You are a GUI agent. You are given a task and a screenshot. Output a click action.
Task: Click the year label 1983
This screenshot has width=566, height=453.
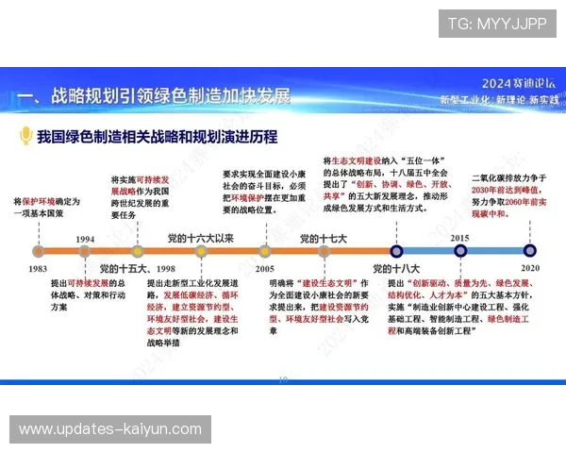point(38,269)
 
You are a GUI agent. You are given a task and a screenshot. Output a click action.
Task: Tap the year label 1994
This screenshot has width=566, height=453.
point(85,238)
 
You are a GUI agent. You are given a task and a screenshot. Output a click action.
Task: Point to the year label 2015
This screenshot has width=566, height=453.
point(460,238)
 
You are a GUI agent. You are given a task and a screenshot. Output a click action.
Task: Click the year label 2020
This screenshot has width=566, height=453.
point(531,268)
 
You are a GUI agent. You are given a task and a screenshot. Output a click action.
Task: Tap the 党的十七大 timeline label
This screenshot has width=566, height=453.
point(324,238)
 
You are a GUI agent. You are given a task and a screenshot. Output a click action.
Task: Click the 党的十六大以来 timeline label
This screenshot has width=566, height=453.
point(200,238)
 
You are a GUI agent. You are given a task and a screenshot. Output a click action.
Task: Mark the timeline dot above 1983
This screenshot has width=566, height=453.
point(38,252)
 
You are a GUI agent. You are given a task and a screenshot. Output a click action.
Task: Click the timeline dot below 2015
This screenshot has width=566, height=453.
point(460,252)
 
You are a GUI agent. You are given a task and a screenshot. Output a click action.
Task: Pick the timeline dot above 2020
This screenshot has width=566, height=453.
point(531,252)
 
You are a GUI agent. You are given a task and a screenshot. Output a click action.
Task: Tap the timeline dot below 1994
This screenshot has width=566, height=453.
point(85,252)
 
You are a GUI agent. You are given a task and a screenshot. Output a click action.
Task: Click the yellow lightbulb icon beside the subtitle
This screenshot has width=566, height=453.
point(26,137)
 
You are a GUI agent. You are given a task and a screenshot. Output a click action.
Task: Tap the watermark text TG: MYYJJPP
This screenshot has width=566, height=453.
point(496,23)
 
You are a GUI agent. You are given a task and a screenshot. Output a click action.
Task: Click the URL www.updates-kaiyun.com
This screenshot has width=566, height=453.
point(110,429)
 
